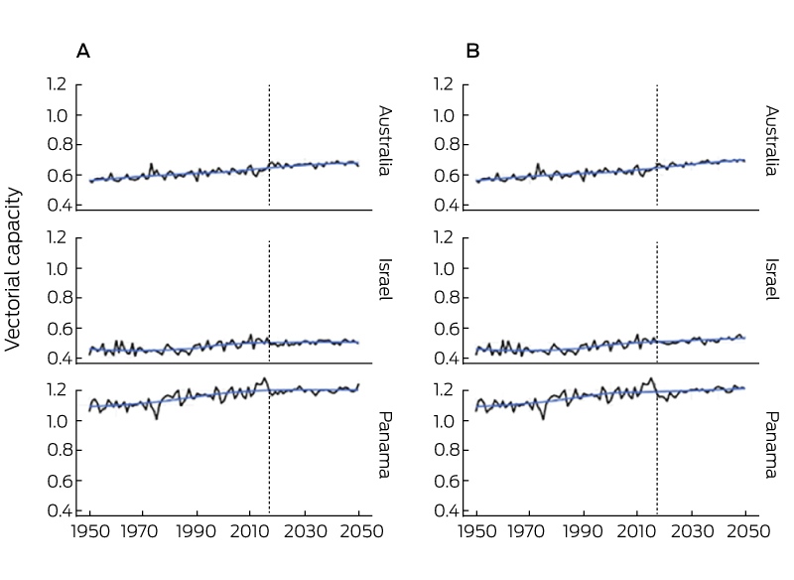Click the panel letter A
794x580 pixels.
83,52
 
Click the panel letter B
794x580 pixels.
472,52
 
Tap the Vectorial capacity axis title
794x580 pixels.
13,269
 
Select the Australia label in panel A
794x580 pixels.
385,140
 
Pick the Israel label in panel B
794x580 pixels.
772,279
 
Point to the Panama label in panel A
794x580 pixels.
385,445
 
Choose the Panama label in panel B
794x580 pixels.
772,445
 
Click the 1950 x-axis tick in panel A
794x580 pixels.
90,531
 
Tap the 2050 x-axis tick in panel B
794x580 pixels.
745,531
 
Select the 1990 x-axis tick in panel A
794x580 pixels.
196,531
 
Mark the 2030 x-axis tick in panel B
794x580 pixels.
692,531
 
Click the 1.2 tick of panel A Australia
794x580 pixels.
57,84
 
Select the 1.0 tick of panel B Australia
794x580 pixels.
443,115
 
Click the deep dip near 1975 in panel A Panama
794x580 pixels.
157,418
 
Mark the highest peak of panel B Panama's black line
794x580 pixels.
651,378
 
